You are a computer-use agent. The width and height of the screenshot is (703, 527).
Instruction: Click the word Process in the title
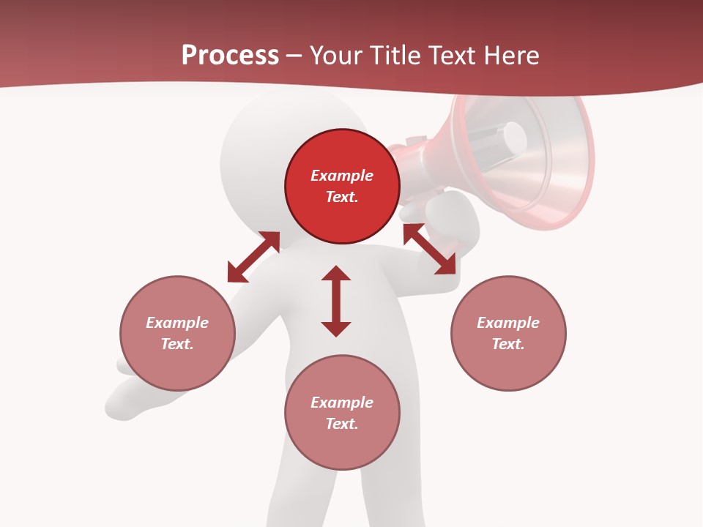(230, 56)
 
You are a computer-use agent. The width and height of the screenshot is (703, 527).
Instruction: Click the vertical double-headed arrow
(336, 301)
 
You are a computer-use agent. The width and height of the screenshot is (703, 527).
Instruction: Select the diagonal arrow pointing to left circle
(253, 257)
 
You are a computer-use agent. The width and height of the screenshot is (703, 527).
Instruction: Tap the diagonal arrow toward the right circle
(430, 250)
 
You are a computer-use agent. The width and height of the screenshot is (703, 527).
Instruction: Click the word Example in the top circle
(342, 176)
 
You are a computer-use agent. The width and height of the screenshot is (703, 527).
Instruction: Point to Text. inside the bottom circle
(342, 424)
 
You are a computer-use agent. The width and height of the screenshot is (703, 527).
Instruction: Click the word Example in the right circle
(508, 323)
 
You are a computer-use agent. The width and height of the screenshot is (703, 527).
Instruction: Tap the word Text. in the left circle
(177, 344)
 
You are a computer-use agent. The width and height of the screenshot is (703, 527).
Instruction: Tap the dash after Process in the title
(294, 56)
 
